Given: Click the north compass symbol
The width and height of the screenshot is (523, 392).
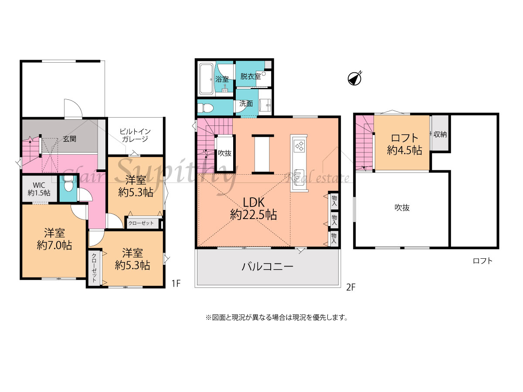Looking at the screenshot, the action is (x=354, y=78).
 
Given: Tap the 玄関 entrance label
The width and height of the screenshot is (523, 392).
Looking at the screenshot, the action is (x=70, y=139).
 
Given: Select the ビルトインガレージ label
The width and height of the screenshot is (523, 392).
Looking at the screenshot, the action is (x=135, y=135).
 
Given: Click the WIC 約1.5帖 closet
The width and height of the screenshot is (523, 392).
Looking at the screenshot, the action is (x=39, y=189).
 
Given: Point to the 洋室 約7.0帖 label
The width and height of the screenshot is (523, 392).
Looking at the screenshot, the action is (x=54, y=239).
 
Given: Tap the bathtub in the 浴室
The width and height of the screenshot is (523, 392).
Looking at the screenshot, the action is (x=206, y=79).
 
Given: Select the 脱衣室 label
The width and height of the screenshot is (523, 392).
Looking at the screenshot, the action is (x=251, y=76).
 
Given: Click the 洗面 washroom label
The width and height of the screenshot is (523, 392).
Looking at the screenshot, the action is (x=246, y=104).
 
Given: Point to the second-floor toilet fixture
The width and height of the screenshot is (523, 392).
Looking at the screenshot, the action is (x=205, y=108).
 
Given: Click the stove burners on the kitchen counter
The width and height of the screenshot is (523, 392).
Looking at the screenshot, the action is (x=299, y=146).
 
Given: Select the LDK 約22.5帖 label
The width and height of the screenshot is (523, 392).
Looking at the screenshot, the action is (x=254, y=209).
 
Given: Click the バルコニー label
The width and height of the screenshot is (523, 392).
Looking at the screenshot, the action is (x=267, y=267).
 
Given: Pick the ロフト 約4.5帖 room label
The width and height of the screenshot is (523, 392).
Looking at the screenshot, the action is (x=404, y=144).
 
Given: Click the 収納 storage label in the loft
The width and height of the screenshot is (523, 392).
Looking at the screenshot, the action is (x=440, y=134).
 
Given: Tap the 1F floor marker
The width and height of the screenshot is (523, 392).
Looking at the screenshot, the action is (x=176, y=283).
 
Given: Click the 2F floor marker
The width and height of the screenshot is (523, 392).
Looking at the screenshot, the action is (x=350, y=287).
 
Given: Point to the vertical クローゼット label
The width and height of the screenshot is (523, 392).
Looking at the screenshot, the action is (x=94, y=268).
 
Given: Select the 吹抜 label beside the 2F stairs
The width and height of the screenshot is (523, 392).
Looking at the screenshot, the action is (x=225, y=153).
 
